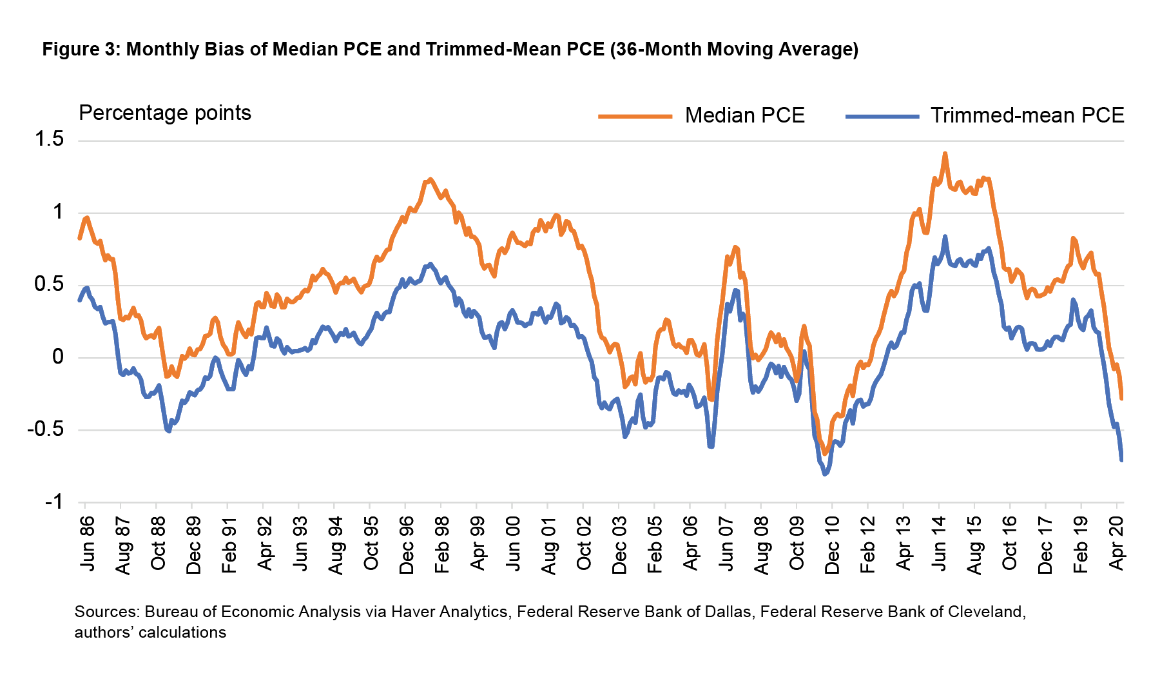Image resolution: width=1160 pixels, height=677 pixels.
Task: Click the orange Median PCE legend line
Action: [635, 116]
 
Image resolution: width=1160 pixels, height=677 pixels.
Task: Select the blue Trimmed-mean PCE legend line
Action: [882, 116]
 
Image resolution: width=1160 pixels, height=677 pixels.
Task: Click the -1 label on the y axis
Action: [54, 502]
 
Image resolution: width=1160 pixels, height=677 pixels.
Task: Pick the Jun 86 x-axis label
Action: [86, 543]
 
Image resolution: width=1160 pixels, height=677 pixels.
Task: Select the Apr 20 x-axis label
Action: [1117, 543]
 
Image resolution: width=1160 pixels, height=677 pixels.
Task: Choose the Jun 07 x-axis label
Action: [726, 543]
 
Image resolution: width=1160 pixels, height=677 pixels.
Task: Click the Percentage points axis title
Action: [165, 113]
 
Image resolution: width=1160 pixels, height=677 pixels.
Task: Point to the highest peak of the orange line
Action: [945, 153]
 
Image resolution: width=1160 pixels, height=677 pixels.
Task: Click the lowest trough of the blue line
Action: [826, 475]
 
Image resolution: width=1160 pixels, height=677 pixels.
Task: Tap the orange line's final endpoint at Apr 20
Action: [1121, 398]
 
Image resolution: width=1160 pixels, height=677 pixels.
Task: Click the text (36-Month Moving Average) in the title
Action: [735, 50]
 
